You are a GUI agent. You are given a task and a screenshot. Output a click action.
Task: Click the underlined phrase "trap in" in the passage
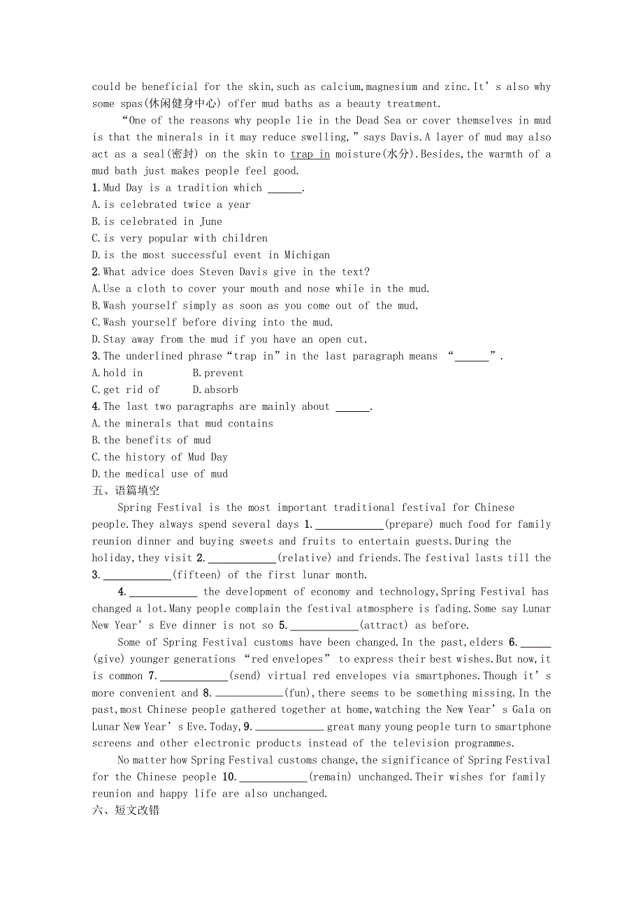310,154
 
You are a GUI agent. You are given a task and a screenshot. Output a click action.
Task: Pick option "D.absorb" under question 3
215,390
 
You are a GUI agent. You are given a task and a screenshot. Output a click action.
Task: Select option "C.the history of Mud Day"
160,457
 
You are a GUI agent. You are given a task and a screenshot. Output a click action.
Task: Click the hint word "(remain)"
332,777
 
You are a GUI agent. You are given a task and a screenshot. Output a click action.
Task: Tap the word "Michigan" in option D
304,255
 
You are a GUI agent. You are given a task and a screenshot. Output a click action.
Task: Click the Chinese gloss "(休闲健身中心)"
178,103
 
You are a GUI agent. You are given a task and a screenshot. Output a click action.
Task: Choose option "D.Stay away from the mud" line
235,339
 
